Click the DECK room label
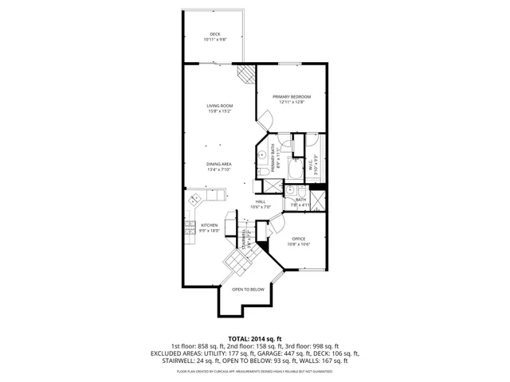[214, 33]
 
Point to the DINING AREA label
[218, 164]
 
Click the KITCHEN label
[209, 225]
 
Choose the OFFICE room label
[299, 239]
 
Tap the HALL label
[260, 201]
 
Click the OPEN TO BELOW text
[248, 290]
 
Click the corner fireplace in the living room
[248, 74]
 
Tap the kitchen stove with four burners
[191, 231]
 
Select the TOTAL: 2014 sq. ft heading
[254, 338]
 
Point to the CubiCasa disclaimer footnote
[254, 371]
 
